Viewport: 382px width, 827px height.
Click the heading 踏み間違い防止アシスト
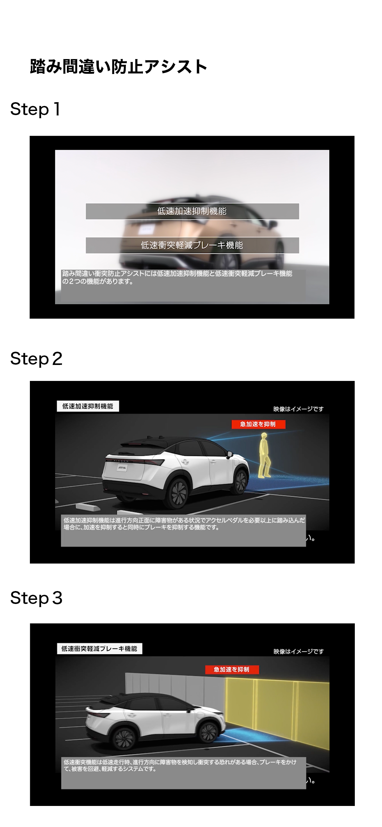tap(119, 67)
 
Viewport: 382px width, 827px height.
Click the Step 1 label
tap(35, 110)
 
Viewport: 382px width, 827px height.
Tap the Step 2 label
tap(36, 359)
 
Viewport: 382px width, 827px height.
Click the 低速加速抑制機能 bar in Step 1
tap(192, 211)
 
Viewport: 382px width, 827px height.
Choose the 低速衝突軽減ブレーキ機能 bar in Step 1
tap(192, 245)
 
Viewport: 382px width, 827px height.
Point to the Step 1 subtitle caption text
tap(177, 277)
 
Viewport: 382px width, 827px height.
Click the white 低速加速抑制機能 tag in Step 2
tap(88, 406)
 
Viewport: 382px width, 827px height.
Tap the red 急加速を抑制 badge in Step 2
tap(258, 424)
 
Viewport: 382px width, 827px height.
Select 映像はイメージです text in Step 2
tap(298, 409)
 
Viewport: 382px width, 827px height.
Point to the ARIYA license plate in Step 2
tap(122, 467)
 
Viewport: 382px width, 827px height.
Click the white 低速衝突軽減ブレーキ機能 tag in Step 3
tap(99, 649)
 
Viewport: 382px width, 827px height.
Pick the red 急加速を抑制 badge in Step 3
tap(232, 669)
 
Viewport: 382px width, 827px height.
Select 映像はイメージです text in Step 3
tap(299, 651)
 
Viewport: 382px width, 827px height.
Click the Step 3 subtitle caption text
tap(180, 765)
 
